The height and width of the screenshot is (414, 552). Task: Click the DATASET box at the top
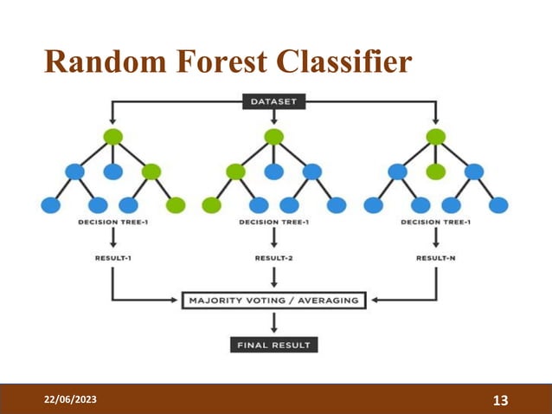pyautogui.click(x=273, y=101)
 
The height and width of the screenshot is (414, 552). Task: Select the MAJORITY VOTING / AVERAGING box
pyautogui.click(x=274, y=301)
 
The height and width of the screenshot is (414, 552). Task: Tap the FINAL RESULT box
pyautogui.click(x=274, y=345)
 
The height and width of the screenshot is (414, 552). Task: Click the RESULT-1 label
pyautogui.click(x=112, y=257)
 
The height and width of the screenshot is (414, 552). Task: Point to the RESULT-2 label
pyautogui.click(x=274, y=257)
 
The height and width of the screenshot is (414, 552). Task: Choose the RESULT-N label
pyautogui.click(x=436, y=257)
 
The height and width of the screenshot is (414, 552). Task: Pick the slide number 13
pyautogui.click(x=499, y=399)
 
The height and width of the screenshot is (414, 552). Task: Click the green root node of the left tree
pyautogui.click(x=112, y=136)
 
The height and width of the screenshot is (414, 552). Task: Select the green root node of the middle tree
pyautogui.click(x=274, y=136)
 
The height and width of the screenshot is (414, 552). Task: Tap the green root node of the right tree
pyautogui.click(x=436, y=136)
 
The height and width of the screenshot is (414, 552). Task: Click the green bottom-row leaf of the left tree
pyautogui.click(x=176, y=204)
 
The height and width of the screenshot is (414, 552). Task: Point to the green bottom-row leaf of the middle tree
pyautogui.click(x=211, y=204)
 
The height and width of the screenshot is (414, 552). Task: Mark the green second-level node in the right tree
pyautogui.click(x=436, y=171)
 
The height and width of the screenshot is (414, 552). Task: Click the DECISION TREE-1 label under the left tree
pyautogui.click(x=112, y=222)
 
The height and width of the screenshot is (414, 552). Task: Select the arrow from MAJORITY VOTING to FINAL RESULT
pyautogui.click(x=274, y=323)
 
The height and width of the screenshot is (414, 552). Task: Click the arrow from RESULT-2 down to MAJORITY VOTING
pyautogui.click(x=274, y=277)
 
